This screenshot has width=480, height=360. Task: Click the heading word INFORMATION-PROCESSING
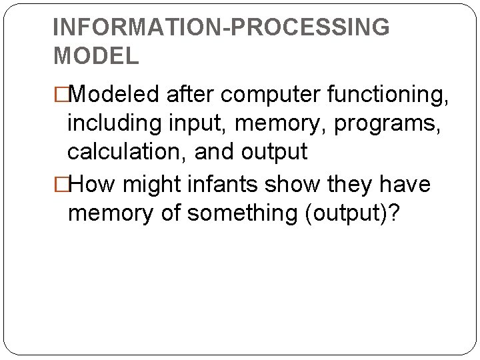coord(221,27)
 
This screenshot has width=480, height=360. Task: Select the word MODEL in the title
coord(96,56)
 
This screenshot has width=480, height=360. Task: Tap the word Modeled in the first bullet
coord(113,95)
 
